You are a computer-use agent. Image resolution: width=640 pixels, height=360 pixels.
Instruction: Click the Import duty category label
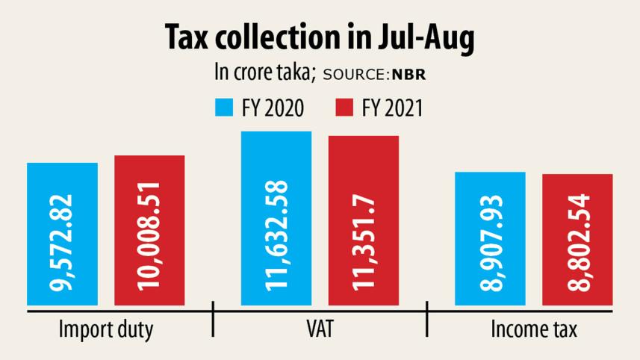coord(106,329)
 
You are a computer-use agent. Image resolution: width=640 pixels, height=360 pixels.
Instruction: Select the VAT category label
coord(320,329)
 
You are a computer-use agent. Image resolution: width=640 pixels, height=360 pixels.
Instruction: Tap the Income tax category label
coord(532,329)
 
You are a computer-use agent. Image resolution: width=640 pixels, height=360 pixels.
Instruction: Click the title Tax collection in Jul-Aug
coord(320,40)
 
